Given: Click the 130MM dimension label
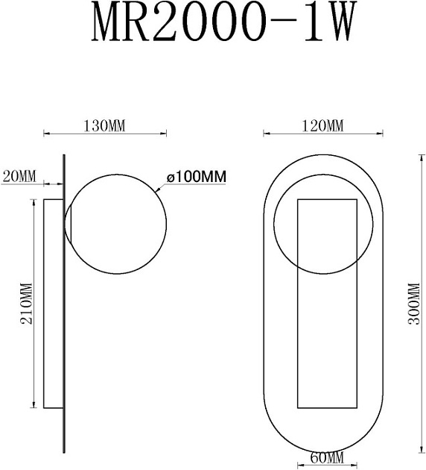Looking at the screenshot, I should [105, 125].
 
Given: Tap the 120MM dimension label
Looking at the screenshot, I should [323, 125].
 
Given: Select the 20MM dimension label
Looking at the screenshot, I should [19, 176].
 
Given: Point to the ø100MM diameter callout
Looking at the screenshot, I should [196, 177].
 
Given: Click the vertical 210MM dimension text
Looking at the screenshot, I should [26, 304].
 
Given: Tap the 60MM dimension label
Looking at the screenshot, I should [325, 457].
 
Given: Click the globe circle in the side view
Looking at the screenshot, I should [112, 224].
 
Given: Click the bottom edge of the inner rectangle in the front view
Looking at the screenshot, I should [328, 408].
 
